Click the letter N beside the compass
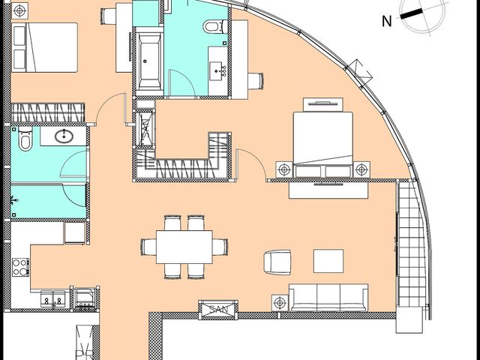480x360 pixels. (387, 22)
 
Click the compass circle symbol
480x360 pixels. (422, 15)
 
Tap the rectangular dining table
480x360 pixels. (184, 247)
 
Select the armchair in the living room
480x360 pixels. (277, 262)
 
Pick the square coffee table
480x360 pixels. (328, 261)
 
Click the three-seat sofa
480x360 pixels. (328, 298)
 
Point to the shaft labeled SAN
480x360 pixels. (218, 310)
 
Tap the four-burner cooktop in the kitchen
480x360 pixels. (20, 267)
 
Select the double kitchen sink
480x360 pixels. (52, 298)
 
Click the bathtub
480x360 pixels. (149, 61)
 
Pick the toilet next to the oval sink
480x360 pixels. (25, 139)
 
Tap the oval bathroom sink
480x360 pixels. (64, 136)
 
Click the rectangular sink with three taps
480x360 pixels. (217, 71)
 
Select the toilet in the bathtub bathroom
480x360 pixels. (215, 27)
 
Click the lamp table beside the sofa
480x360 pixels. (280, 303)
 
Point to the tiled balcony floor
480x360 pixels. (412, 245)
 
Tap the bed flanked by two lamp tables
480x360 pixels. (323, 145)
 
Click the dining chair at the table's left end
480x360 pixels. (149, 247)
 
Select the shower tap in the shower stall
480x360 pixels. (13, 200)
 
